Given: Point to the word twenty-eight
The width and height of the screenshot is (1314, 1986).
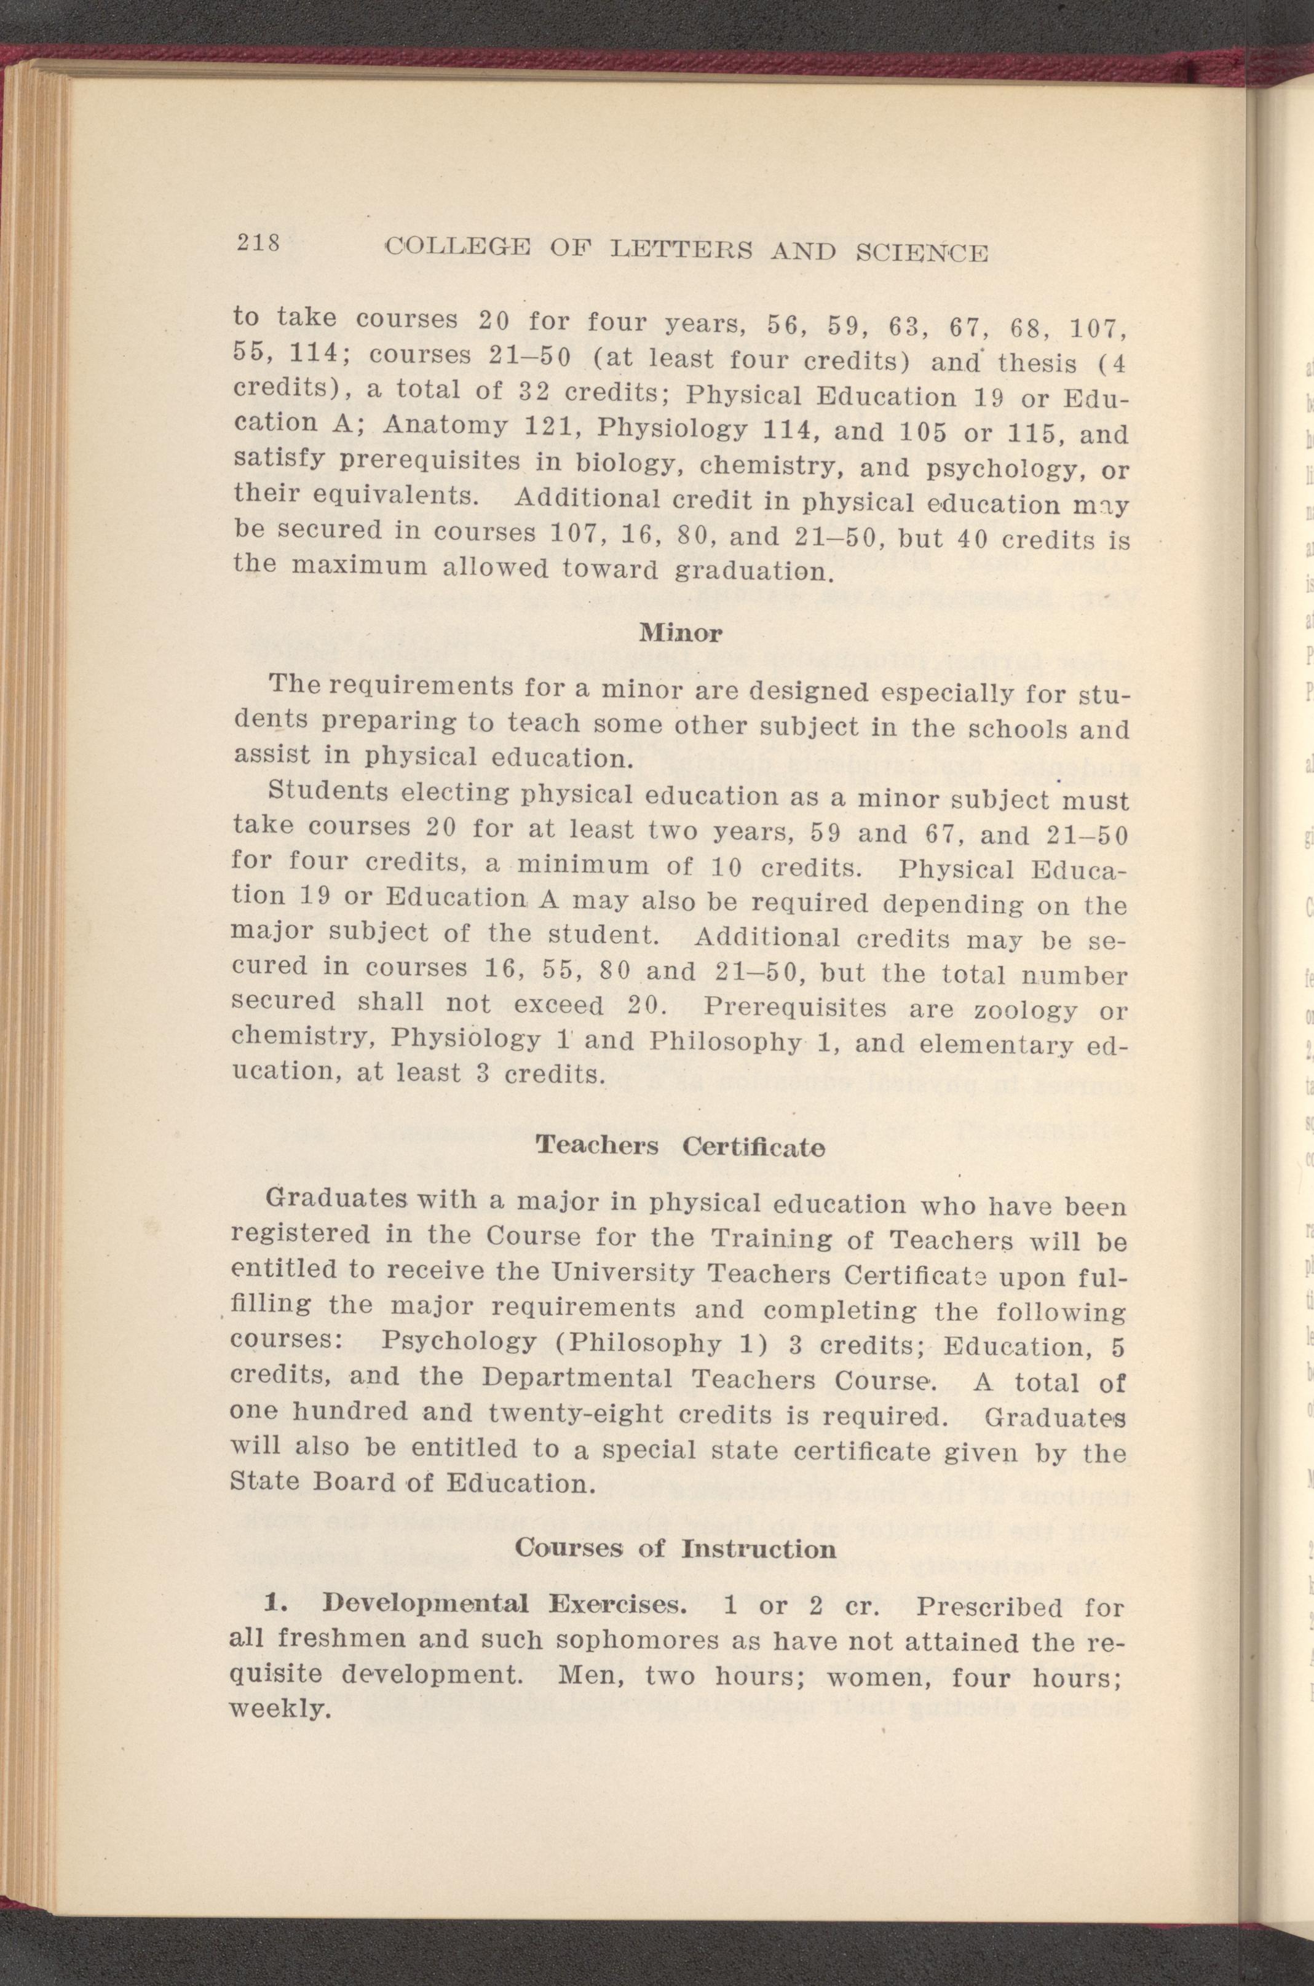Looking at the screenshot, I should (577, 1415).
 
